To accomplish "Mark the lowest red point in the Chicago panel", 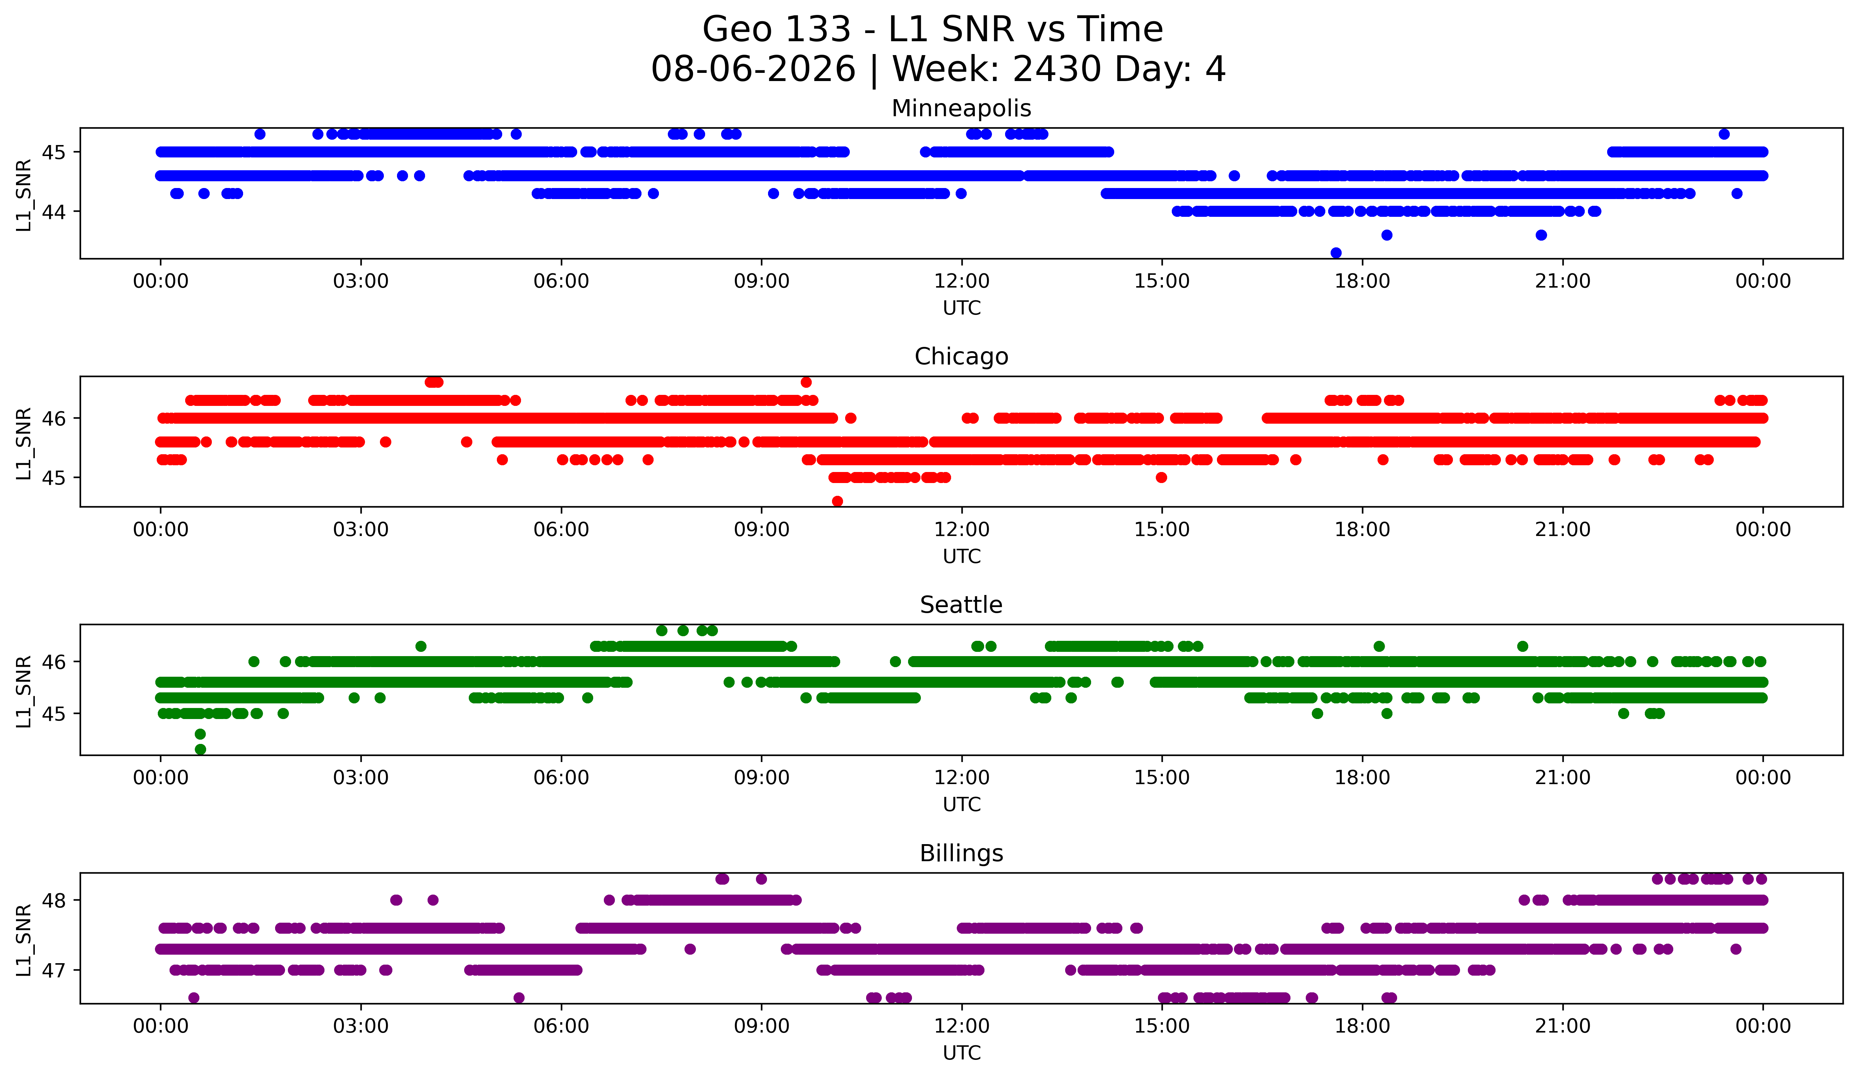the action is pyautogui.click(x=837, y=501).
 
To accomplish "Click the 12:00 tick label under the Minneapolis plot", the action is pyautogui.click(x=962, y=281).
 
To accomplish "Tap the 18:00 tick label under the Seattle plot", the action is pyautogui.click(x=1363, y=778).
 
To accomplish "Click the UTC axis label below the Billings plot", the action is pyautogui.click(x=962, y=1053).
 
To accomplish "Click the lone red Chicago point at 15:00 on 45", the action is pyautogui.click(x=1161, y=477).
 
